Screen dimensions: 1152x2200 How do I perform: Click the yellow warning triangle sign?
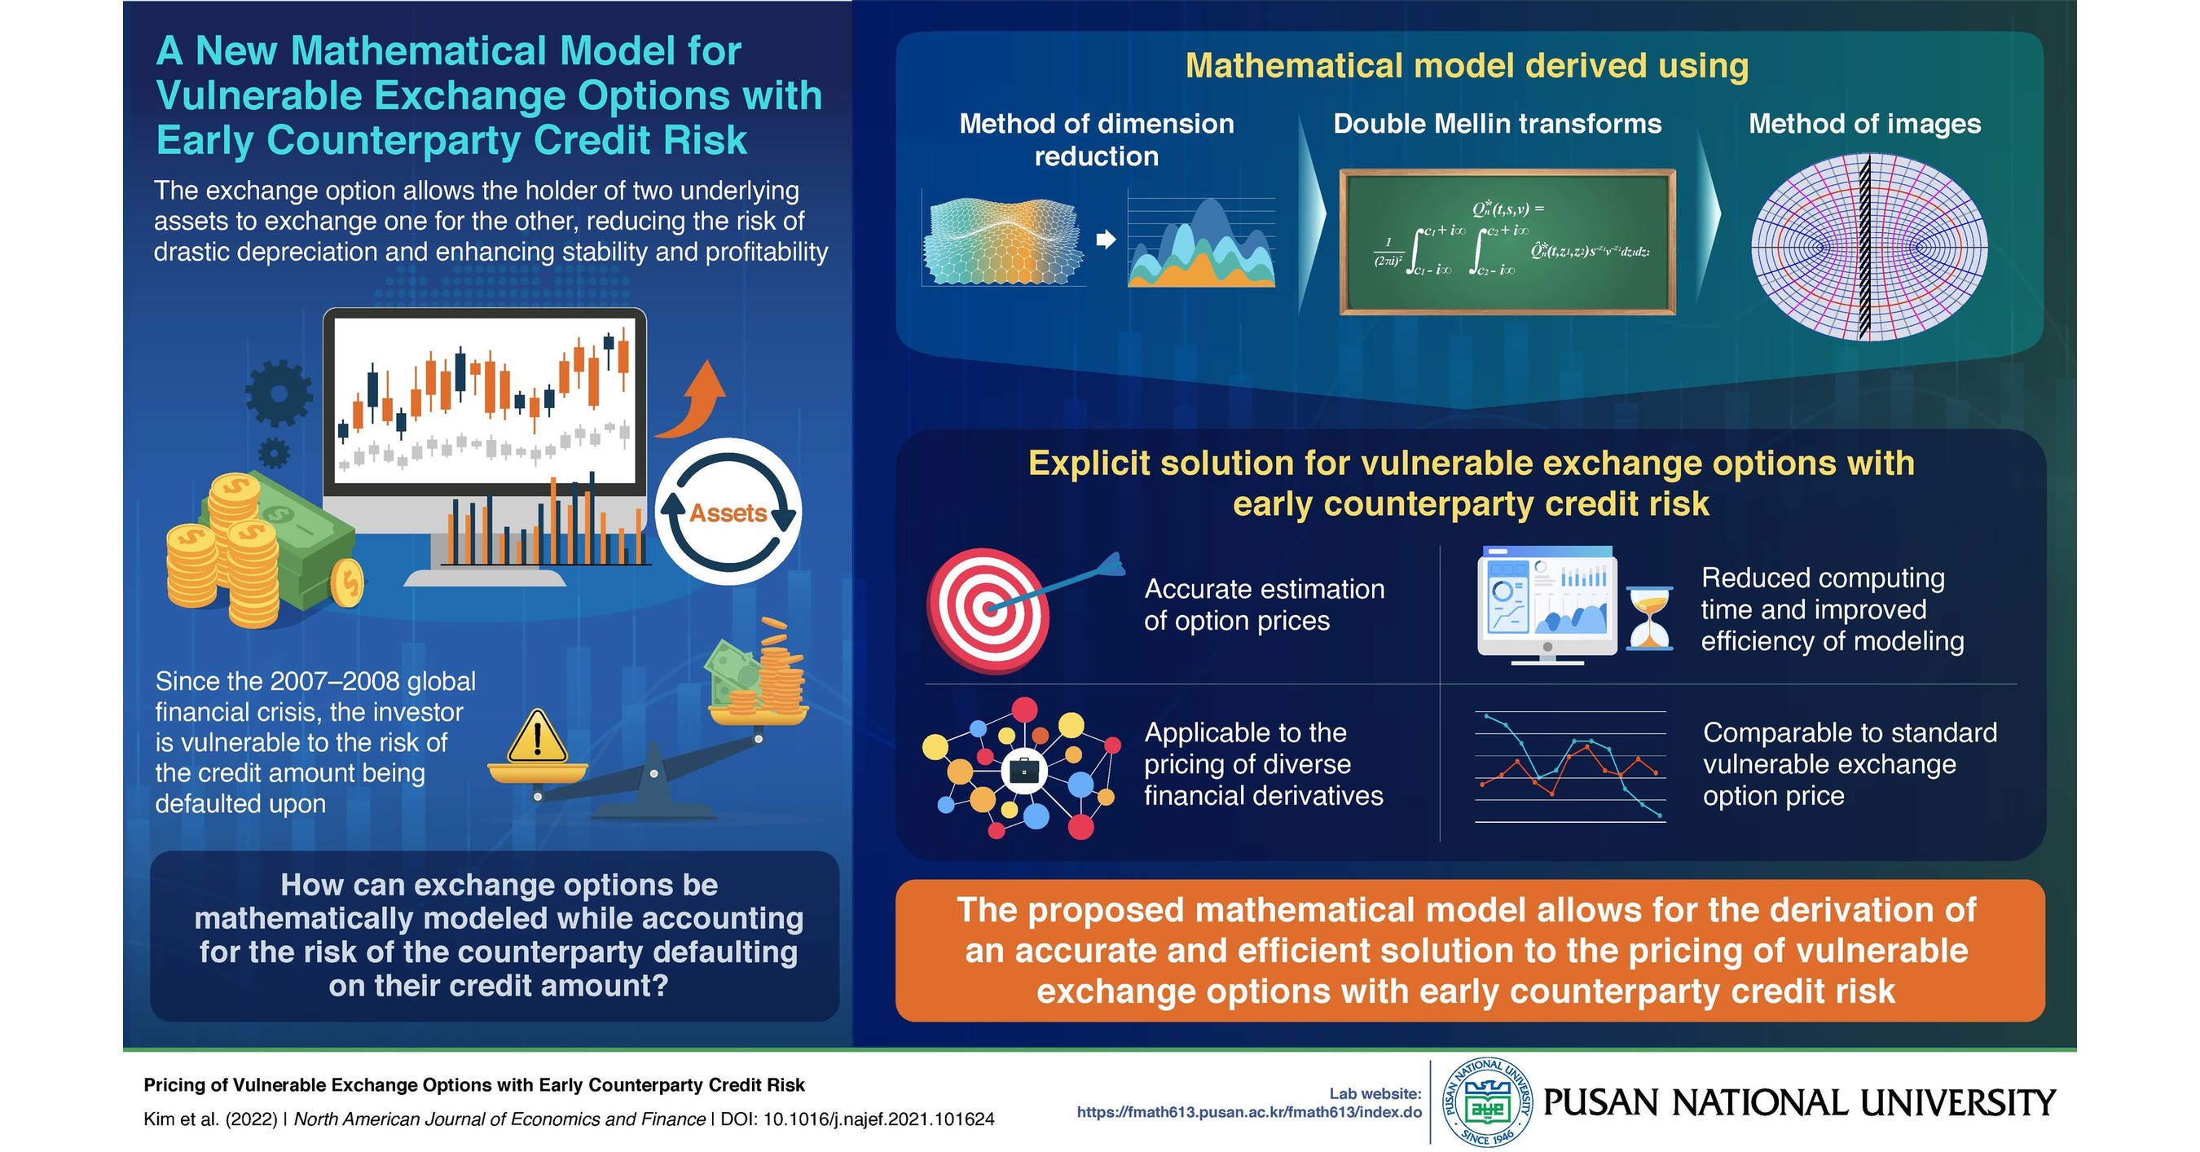(x=537, y=739)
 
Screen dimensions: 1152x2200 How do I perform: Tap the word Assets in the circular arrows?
(x=728, y=512)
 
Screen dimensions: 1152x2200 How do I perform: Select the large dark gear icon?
(x=279, y=393)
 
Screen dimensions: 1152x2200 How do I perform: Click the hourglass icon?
(x=1649, y=618)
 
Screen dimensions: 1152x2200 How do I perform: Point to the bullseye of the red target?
(x=989, y=609)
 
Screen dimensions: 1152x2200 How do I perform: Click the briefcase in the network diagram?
(x=1023, y=772)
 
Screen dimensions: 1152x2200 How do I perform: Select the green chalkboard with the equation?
(x=1507, y=242)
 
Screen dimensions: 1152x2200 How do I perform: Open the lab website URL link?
(x=1248, y=1112)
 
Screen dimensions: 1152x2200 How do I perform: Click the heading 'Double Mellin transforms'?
(x=1497, y=124)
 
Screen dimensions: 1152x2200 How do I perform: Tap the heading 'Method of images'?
(x=1864, y=124)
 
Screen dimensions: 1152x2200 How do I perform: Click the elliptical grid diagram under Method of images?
(x=1868, y=248)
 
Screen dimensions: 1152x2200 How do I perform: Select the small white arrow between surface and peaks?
(x=1106, y=240)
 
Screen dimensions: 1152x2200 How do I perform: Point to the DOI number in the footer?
(x=878, y=1119)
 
